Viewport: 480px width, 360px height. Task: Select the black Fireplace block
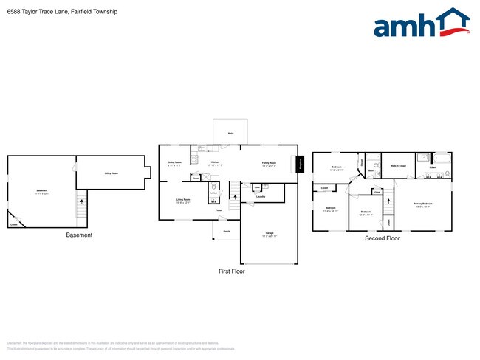(301, 165)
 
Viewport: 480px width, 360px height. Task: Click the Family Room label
(269, 164)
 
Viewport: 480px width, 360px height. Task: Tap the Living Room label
(182, 200)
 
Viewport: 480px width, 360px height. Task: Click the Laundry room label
(260, 197)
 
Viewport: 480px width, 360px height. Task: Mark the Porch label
(226, 231)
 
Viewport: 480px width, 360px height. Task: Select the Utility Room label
(111, 173)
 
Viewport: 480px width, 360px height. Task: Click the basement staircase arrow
(81, 203)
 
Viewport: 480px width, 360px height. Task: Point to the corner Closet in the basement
(14, 224)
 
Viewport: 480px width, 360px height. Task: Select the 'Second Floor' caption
(382, 238)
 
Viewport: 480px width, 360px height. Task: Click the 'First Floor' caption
(232, 271)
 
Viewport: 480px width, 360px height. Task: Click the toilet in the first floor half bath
(213, 187)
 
